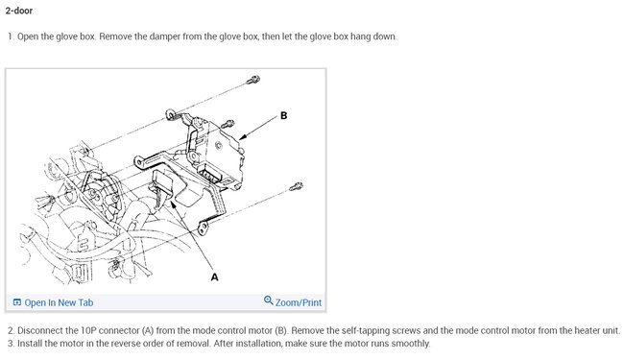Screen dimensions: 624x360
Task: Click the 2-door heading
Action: point(18,11)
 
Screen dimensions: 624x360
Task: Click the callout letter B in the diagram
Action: point(283,116)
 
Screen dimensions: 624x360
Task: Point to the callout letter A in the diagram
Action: point(214,276)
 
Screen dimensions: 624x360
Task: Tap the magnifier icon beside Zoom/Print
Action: point(269,300)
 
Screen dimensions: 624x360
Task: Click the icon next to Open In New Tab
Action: point(17,302)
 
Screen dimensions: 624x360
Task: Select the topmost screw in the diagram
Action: point(253,80)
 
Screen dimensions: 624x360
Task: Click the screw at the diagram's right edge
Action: point(296,186)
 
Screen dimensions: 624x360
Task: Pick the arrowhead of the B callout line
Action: point(243,137)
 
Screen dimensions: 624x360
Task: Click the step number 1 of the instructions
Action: point(11,36)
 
